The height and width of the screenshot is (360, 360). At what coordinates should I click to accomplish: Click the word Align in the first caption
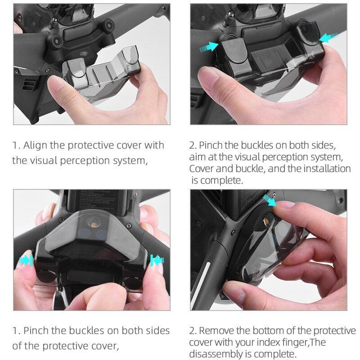click(36, 145)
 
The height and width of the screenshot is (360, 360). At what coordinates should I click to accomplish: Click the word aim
click(198, 157)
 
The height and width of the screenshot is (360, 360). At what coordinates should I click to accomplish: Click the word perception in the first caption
click(86, 160)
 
